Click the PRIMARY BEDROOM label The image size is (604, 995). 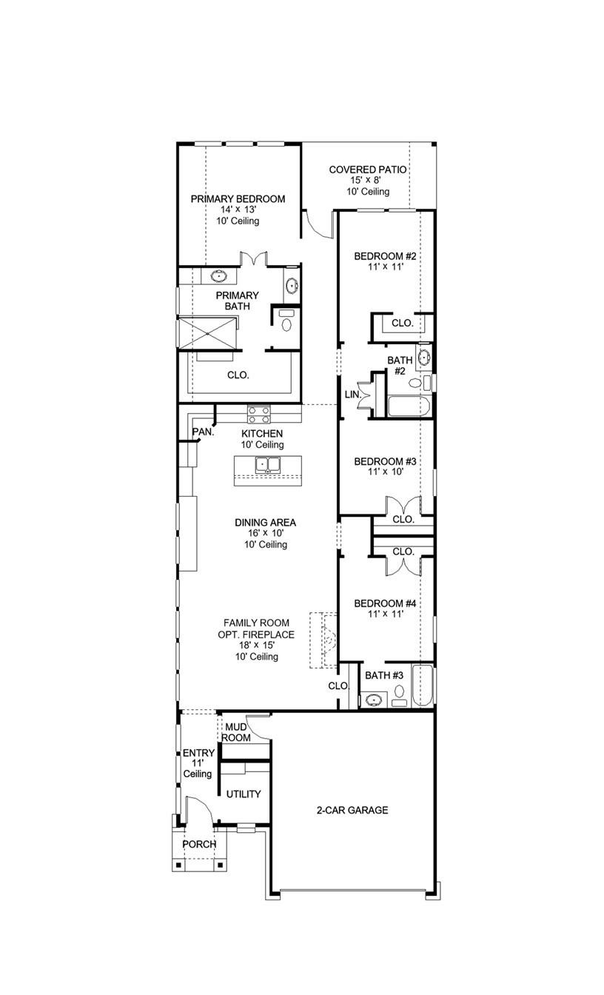238,199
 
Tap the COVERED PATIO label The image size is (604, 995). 368,170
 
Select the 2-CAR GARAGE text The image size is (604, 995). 352,810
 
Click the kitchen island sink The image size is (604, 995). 267,465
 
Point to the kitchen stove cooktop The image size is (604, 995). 258,414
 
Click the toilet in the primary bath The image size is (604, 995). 286,321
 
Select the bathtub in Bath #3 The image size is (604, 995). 422,686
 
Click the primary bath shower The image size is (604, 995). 208,331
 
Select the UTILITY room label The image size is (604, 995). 244,794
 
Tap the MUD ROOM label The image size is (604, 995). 235,732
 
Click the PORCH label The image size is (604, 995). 199,844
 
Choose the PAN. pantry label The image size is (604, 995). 203,432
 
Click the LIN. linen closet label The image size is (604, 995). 352,395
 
